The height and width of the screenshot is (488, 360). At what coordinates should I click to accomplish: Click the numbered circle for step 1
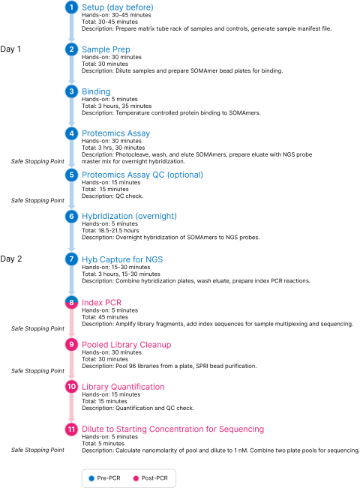[x=72, y=7]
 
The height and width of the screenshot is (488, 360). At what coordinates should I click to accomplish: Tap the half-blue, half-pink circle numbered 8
[x=72, y=302]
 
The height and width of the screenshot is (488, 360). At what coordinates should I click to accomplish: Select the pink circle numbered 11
[x=72, y=430]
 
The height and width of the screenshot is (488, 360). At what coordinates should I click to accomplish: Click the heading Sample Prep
[x=106, y=49]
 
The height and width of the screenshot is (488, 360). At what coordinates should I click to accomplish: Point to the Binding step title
[x=96, y=91]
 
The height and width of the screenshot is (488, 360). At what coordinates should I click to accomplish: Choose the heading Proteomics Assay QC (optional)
[x=142, y=175]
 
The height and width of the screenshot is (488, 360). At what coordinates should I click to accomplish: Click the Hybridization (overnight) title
[x=129, y=217]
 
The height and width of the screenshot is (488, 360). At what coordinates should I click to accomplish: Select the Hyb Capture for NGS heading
[x=122, y=259]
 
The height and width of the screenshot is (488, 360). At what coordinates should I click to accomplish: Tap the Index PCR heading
[x=101, y=303]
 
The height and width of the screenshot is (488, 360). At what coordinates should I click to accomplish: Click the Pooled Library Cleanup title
[x=127, y=345]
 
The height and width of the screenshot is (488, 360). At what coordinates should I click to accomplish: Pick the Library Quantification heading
[x=123, y=387]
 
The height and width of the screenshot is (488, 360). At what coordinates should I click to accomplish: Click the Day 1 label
[x=10, y=49]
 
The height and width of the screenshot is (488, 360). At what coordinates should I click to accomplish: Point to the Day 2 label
[x=11, y=259]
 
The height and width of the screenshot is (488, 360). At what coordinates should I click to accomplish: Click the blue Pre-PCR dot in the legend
[x=91, y=478]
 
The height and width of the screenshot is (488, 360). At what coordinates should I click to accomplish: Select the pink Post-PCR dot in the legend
[x=136, y=478]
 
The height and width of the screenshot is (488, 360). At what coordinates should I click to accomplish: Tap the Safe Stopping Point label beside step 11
[x=37, y=450]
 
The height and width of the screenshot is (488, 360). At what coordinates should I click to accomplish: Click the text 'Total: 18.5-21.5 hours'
[x=110, y=231]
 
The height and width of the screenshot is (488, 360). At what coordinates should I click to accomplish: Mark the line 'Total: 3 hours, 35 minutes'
[x=116, y=106]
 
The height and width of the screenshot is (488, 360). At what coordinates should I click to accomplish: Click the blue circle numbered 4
[x=72, y=133]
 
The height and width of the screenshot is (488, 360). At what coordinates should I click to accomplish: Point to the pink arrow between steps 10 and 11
[x=72, y=408]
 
